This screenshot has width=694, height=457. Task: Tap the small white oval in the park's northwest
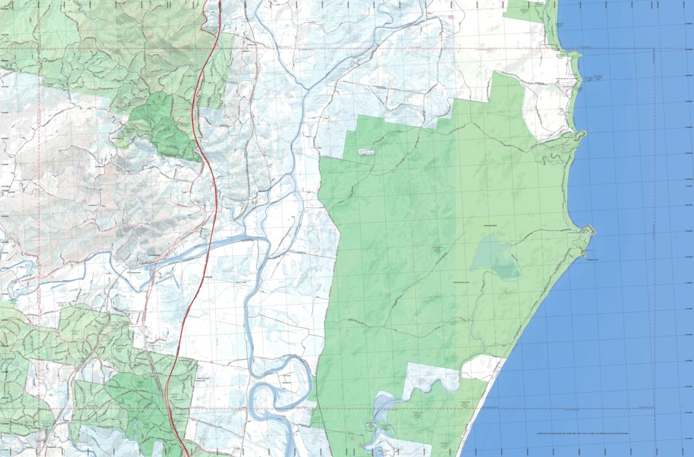point(366,153)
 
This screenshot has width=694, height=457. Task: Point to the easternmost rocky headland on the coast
point(589,230)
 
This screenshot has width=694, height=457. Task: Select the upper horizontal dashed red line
point(325,49)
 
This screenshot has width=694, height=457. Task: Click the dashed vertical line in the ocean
point(654,227)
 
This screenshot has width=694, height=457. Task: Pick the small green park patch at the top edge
point(526,10)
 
